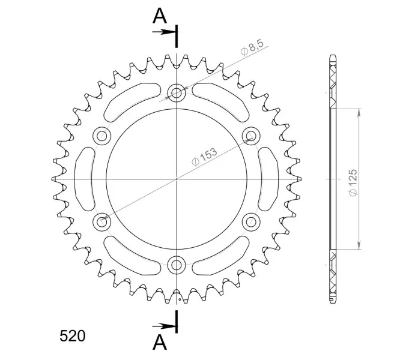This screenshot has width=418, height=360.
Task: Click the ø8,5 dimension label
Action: coord(252,47)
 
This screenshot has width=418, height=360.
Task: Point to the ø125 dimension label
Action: coord(353,182)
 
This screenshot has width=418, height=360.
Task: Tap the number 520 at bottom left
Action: coord(72,336)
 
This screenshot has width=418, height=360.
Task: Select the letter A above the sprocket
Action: coord(160,16)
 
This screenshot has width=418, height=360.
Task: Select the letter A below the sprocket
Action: coord(160,342)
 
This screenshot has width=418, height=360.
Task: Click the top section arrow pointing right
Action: coord(164,32)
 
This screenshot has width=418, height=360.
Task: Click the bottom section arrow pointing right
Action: coord(164,326)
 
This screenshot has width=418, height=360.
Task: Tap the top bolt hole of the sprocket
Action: coord(176,93)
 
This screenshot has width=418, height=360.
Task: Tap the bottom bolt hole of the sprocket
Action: coord(176,265)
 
